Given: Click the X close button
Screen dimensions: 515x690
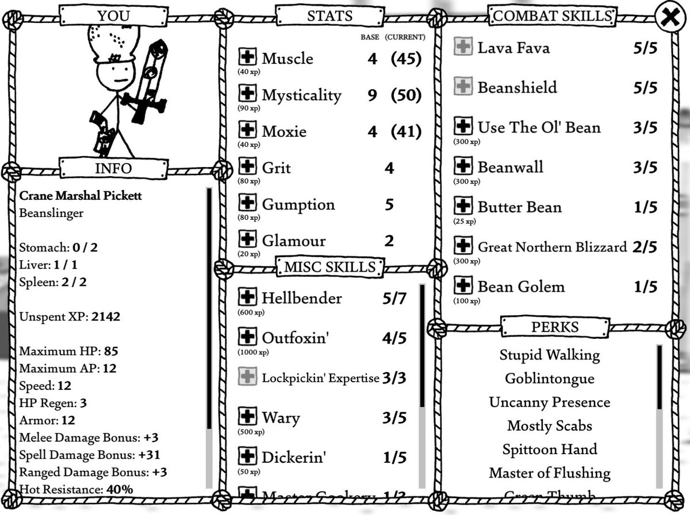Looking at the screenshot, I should tap(670, 17).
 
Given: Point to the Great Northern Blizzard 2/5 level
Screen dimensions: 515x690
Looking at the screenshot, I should tap(645, 247).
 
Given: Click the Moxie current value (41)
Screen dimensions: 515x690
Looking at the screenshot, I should tap(406, 131).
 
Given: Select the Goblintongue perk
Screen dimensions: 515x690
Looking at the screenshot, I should tap(550, 378).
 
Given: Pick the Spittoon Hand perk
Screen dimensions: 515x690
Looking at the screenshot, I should tap(550, 449).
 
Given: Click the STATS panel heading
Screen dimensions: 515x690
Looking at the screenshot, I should tap(329, 16).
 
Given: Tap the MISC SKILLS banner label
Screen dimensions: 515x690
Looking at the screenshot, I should tap(329, 267).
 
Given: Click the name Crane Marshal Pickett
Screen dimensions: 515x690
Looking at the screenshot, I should tap(80, 195).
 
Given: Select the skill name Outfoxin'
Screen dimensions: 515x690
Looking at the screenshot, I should tap(295, 337).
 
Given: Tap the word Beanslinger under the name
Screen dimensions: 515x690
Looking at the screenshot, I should tap(51, 213).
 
